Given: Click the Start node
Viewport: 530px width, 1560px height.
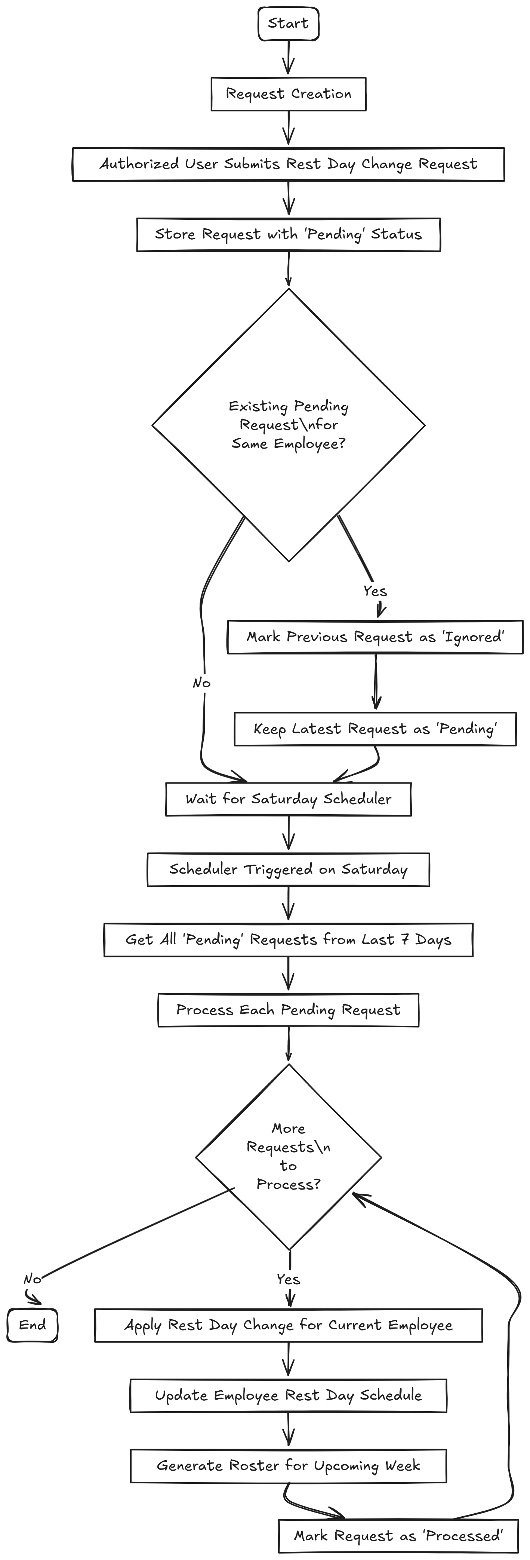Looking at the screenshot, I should click(x=288, y=24).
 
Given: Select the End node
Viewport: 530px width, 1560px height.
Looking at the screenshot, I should click(x=33, y=1325).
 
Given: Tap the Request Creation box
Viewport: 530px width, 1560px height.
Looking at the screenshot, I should click(x=288, y=94).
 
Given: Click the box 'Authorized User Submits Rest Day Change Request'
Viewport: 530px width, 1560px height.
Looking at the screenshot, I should click(x=288, y=164).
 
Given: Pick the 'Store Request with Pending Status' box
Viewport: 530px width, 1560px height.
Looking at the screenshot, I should click(x=288, y=234).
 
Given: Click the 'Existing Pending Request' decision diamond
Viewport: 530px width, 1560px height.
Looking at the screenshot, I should click(x=288, y=425).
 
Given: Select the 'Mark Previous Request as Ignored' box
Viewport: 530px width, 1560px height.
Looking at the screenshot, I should click(x=375, y=637).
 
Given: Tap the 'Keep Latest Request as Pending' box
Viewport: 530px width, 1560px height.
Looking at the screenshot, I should click(x=375, y=729).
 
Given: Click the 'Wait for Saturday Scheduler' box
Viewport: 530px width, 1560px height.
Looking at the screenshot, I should click(x=288, y=799).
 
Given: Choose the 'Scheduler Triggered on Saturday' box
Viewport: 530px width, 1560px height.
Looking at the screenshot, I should click(x=288, y=870).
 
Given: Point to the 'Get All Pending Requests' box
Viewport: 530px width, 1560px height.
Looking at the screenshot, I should click(x=288, y=940).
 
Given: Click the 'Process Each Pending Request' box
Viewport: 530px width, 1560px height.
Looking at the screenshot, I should click(x=288, y=1010).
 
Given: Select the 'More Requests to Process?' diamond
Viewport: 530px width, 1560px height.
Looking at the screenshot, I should click(x=288, y=1157).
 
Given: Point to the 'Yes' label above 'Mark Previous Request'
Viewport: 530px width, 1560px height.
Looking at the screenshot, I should click(x=375, y=591).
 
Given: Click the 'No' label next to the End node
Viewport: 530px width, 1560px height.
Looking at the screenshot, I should click(x=32, y=1279).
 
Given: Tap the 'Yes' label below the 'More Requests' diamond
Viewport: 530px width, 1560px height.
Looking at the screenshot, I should click(x=288, y=1279).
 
